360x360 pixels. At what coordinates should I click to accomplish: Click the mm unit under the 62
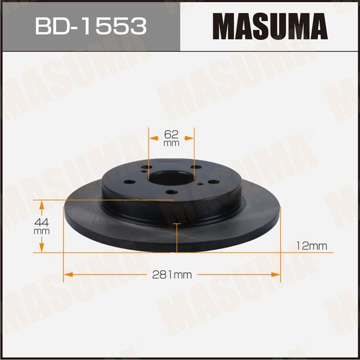171,143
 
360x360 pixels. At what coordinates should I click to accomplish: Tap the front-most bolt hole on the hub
172,195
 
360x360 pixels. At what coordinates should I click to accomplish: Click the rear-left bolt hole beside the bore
147,167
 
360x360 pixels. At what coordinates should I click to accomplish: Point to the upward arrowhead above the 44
41,204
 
